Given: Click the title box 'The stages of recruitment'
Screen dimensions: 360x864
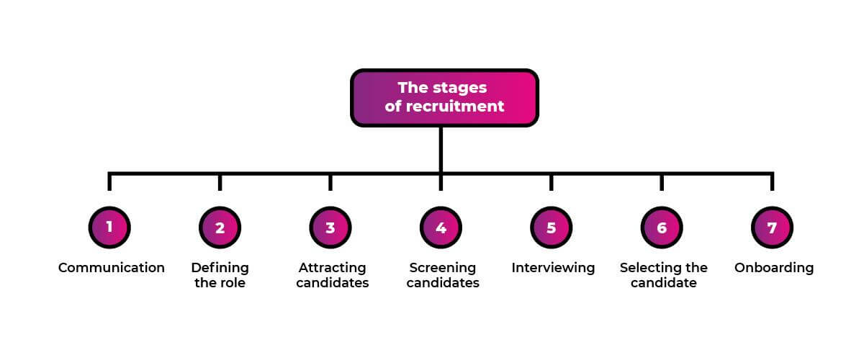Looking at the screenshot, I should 444,98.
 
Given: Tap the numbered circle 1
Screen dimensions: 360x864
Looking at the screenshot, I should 109,228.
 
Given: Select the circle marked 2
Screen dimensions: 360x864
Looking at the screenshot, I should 220,228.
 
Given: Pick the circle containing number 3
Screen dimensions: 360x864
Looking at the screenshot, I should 330,228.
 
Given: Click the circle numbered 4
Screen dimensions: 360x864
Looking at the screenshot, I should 441,228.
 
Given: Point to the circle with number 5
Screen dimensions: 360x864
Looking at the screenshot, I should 552,228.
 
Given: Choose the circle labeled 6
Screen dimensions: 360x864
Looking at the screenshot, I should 662,228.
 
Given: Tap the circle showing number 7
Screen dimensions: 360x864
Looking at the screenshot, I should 772,228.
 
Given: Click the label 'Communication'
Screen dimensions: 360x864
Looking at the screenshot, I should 112,268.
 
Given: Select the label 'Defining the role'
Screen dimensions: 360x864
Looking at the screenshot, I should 220,275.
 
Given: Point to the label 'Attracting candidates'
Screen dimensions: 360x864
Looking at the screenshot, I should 332,275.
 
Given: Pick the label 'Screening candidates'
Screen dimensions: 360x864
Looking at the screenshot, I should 442,275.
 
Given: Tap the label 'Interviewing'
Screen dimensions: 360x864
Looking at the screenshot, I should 553,268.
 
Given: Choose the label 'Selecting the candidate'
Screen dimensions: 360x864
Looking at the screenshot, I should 663,275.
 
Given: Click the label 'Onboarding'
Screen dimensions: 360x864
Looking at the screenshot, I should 774,268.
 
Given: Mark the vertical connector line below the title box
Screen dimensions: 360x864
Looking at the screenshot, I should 441,150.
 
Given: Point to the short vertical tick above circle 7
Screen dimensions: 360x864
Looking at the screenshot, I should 772,182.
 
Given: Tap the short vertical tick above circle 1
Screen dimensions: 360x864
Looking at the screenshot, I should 109,182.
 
